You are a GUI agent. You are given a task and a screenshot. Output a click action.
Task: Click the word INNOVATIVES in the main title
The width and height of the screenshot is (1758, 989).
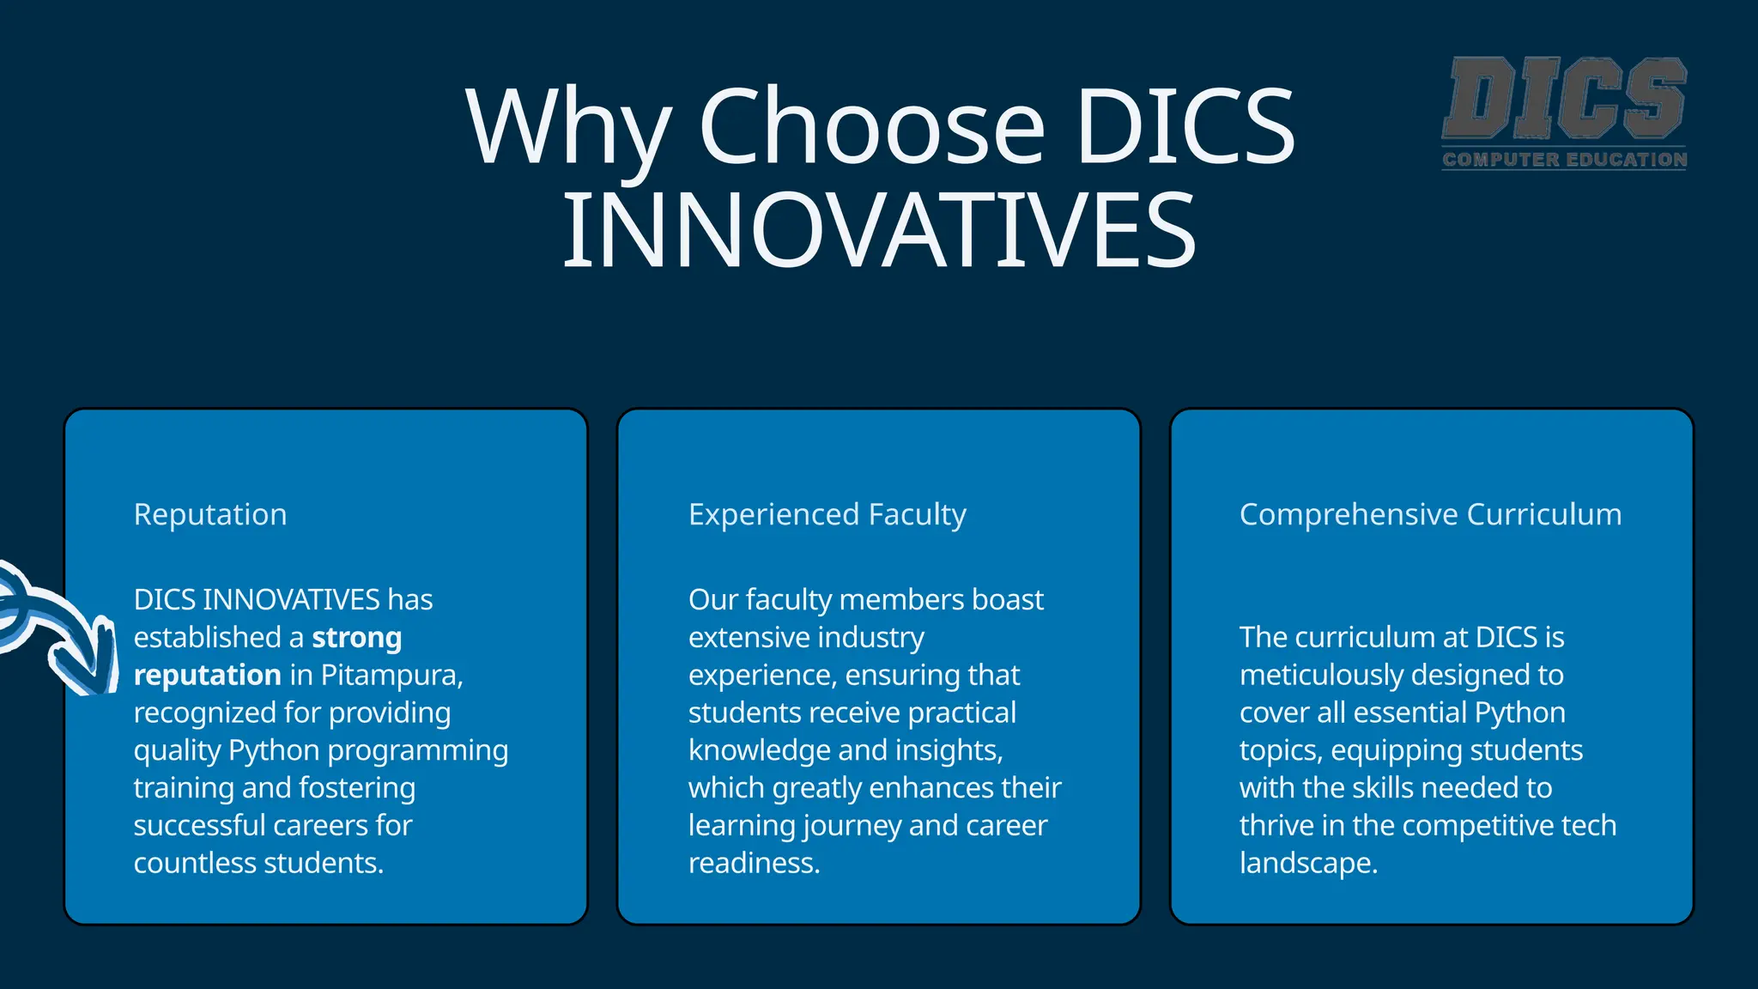click(879, 230)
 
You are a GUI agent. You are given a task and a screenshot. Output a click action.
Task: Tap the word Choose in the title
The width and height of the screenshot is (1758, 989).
click(872, 126)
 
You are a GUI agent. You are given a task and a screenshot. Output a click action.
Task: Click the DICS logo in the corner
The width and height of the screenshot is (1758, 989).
click(1564, 98)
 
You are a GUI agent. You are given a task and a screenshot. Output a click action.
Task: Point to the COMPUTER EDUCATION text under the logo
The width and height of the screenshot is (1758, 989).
click(1564, 160)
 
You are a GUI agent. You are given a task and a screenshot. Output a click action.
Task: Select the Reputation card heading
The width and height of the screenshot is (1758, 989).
click(210, 514)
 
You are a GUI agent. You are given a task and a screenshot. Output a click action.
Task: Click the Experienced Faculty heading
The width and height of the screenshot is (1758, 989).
click(827, 514)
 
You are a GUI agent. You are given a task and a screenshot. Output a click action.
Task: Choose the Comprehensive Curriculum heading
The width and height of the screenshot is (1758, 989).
click(1430, 514)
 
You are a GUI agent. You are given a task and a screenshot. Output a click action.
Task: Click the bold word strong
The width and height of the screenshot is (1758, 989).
click(356, 638)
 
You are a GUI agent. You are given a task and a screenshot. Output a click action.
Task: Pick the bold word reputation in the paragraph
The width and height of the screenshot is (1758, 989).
click(207, 676)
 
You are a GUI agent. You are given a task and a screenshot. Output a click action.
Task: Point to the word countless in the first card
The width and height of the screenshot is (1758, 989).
click(195, 863)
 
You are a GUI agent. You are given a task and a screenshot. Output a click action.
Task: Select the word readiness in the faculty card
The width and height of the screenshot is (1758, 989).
click(753, 863)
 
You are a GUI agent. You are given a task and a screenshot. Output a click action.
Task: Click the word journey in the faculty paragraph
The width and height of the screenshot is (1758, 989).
click(852, 826)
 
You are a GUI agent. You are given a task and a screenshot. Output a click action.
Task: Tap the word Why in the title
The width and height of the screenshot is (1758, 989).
click(567, 126)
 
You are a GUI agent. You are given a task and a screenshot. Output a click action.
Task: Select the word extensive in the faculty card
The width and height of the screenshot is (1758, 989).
click(739, 638)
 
